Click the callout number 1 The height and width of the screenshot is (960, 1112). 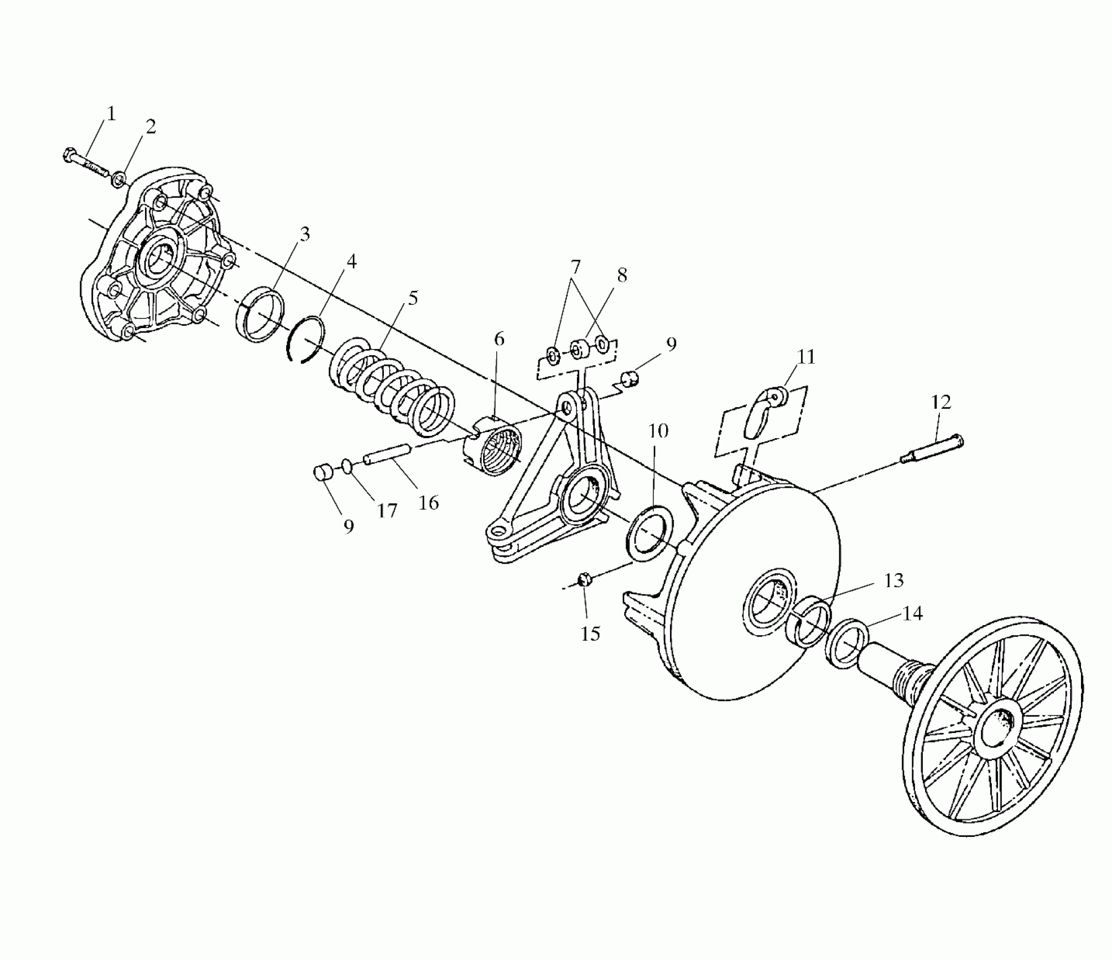tap(111, 114)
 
